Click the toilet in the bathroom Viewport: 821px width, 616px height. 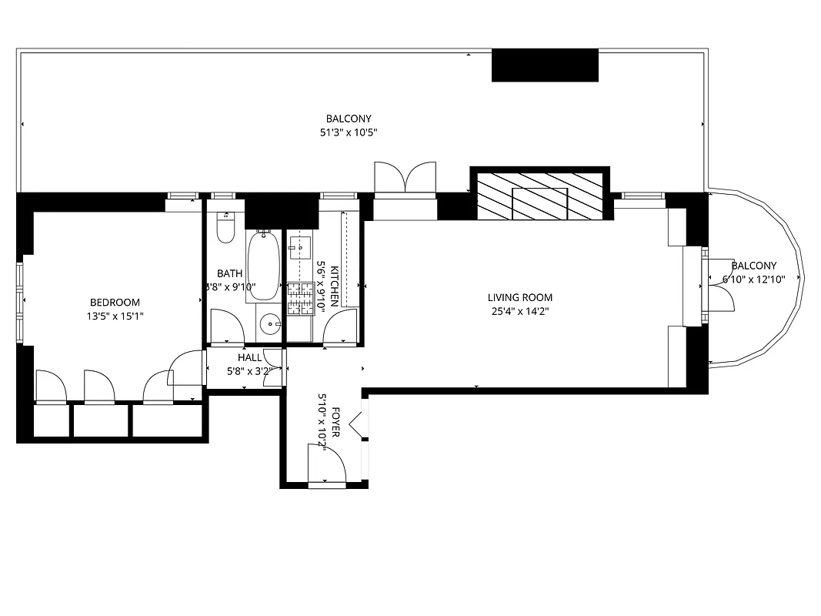225,229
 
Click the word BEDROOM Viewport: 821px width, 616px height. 115,303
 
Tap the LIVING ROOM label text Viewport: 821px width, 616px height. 519,298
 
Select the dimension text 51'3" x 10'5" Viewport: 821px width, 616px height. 349,132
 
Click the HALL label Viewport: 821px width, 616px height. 249,358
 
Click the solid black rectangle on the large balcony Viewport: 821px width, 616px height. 545,65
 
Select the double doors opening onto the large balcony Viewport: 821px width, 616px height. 405,177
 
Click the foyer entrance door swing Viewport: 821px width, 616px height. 325,465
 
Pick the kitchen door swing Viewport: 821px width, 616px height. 339,329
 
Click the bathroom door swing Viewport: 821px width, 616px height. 227,326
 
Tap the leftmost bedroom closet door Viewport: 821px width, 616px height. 51,387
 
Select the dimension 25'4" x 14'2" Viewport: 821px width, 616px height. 519,312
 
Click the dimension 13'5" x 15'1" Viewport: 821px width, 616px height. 115,316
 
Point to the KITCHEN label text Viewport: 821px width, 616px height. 334,286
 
